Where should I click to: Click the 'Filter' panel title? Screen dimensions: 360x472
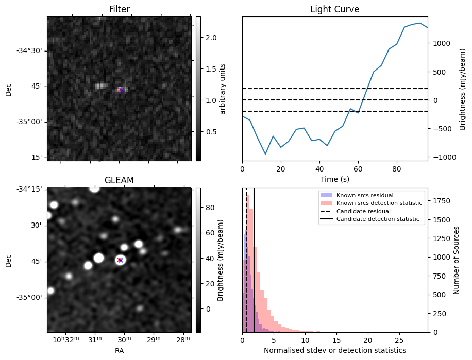(x=119, y=9)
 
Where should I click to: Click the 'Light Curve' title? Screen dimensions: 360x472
(x=334, y=9)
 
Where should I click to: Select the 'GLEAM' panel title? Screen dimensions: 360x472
(x=119, y=180)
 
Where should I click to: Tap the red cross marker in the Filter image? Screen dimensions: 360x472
(x=121, y=90)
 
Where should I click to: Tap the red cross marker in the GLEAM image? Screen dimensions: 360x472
(x=120, y=260)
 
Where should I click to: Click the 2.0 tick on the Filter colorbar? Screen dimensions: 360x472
(x=211, y=38)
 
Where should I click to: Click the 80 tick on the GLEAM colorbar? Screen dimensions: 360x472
(x=210, y=208)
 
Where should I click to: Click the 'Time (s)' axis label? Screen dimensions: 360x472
(x=334, y=179)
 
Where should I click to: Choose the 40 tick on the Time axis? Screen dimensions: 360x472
(x=319, y=169)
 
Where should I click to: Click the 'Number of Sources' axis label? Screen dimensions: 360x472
(x=457, y=260)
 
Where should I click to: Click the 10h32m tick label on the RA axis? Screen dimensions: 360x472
(x=65, y=340)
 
